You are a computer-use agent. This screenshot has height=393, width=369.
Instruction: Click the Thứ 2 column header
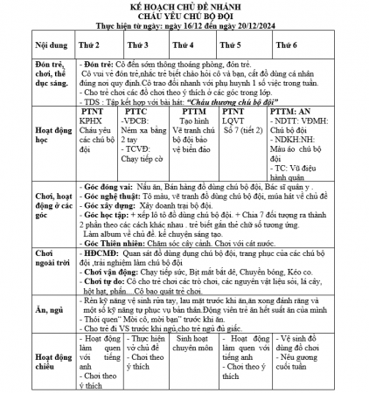(x=90, y=45)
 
